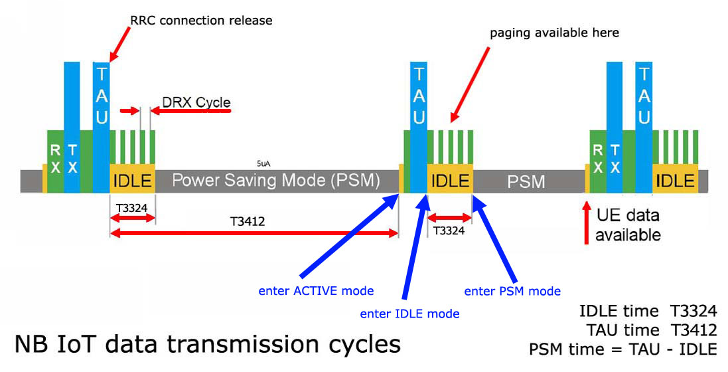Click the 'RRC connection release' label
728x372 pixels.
click(201, 21)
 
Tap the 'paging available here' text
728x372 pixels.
click(554, 33)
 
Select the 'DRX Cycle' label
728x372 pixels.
click(196, 102)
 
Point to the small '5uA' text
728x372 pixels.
click(263, 163)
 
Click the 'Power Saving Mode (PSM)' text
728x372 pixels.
click(275, 181)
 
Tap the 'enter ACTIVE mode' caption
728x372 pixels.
click(316, 291)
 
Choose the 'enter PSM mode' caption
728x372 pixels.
click(512, 291)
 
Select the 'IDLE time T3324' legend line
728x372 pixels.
click(648, 311)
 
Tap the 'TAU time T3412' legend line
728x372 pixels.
click(652, 330)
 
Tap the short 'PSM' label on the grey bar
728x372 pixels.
click(526, 181)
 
